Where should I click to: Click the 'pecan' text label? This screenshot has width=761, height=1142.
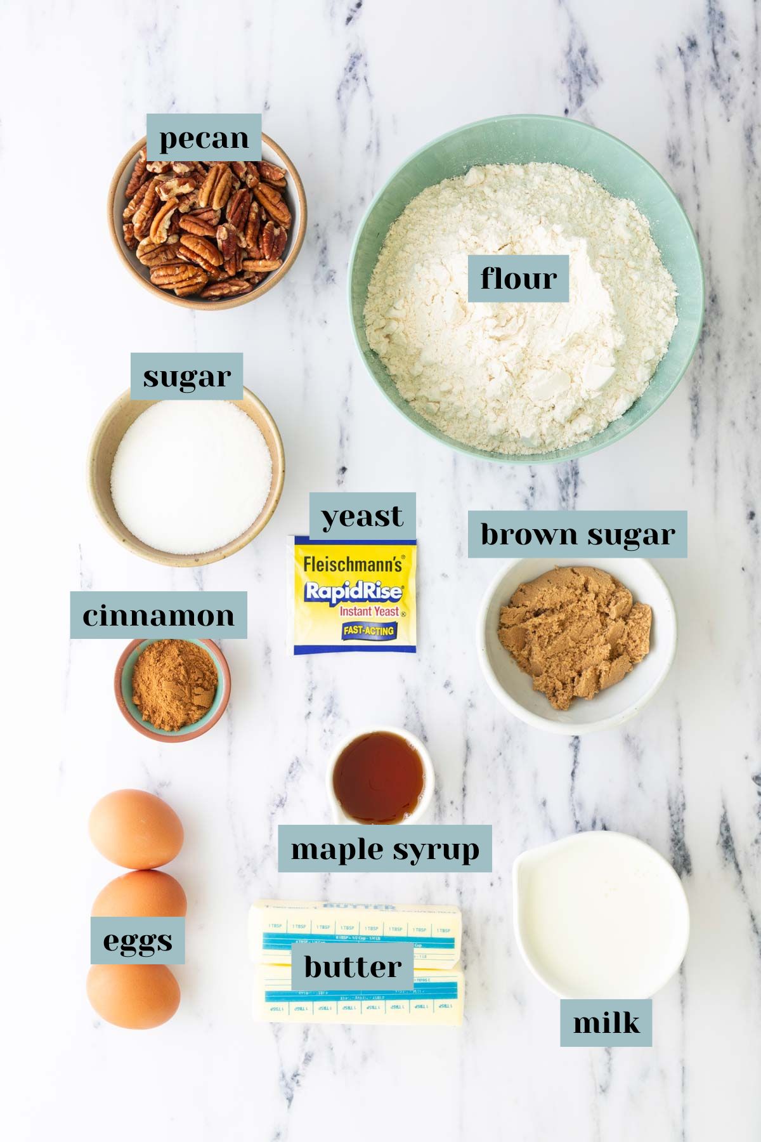point(204,138)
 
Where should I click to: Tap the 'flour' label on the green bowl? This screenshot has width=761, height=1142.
point(518,278)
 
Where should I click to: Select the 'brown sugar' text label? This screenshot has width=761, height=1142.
point(577,534)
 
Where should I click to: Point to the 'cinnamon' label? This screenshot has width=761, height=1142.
point(158,615)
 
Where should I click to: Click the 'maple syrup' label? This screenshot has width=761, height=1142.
point(385,848)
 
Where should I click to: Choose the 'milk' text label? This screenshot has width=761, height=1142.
point(606,1023)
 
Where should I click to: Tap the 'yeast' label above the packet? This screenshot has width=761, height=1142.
point(362,515)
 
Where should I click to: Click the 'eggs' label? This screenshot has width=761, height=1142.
point(138,940)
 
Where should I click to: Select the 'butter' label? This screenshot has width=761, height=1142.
point(353,966)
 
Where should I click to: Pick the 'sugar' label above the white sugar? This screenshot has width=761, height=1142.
point(186,376)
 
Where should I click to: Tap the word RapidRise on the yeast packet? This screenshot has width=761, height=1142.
point(353,592)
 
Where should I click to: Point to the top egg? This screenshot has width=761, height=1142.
point(136,828)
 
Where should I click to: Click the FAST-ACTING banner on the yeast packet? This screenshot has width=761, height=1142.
point(368,630)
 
